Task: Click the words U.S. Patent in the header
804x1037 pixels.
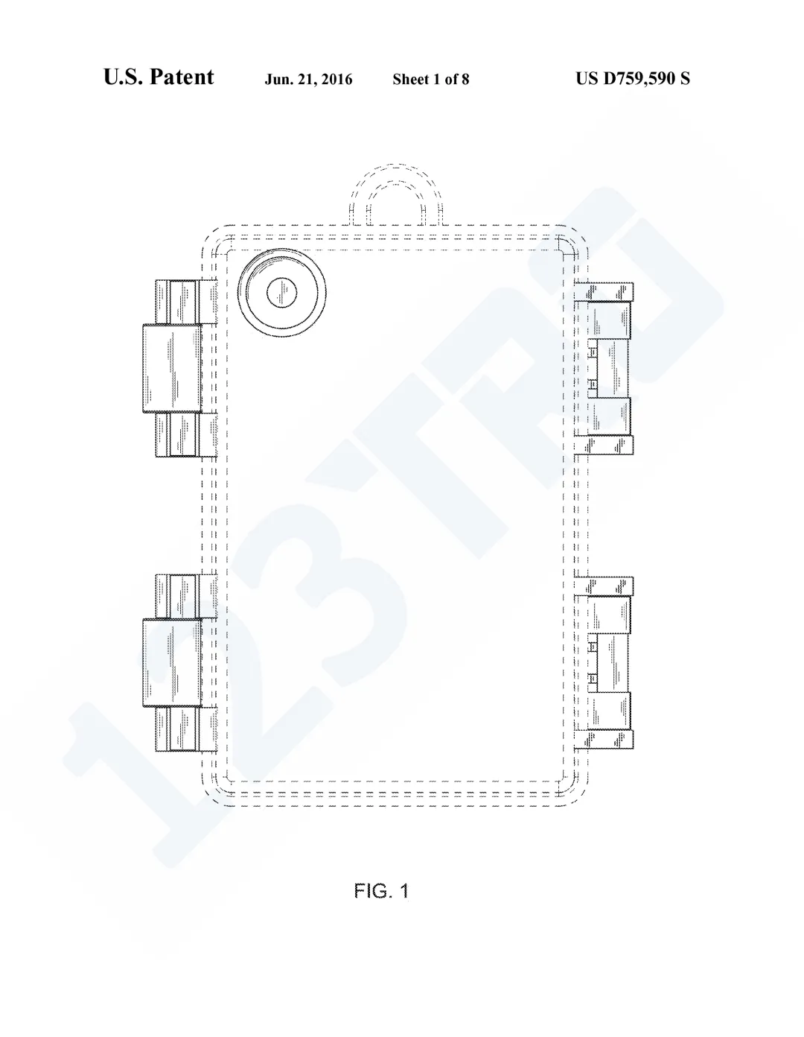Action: coord(159,77)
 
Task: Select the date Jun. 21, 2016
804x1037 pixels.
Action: coord(308,79)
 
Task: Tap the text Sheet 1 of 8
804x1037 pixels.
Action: coord(430,79)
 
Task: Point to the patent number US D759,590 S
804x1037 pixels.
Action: coord(632,78)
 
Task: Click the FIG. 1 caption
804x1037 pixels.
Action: coord(381,890)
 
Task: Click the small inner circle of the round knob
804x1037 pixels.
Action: coord(281,293)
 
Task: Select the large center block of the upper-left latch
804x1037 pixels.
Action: coord(172,368)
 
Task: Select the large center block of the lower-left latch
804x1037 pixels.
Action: coord(172,662)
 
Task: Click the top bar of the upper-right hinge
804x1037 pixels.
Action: coord(603,291)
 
